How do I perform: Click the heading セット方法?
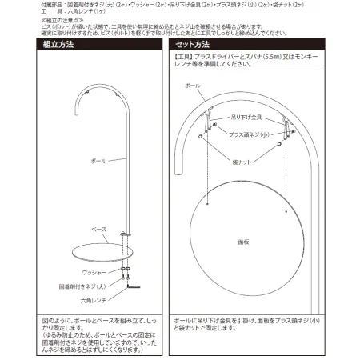pos(193,46)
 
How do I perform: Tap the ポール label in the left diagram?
pos(98,161)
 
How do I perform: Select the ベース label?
pos(98,230)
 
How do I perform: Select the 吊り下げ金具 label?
pos(245,116)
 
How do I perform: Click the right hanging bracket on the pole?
pos(286,123)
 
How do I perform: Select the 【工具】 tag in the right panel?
pos(185,58)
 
